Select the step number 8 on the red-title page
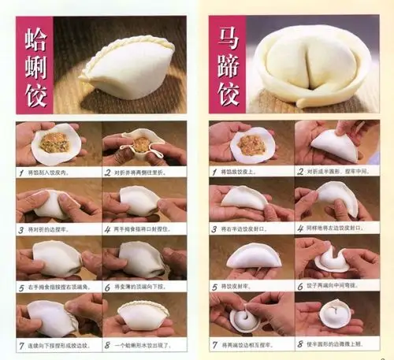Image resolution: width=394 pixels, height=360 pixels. [108, 344]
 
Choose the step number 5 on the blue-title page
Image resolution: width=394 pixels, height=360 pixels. [214, 288]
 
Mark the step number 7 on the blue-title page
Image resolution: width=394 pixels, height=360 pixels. [214, 344]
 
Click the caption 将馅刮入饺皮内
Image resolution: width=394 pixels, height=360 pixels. [52, 172]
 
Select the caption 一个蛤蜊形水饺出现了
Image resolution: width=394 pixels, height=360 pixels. [147, 344]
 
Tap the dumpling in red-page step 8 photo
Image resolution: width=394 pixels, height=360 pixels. [142, 315]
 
